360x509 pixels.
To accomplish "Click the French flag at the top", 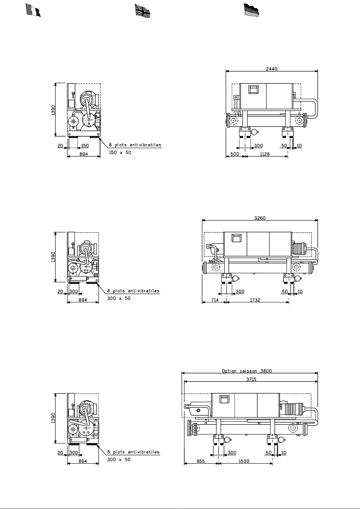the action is tap(33, 10).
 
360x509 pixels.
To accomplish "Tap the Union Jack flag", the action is tap(143, 11).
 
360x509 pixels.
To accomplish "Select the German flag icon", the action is tap(251, 10).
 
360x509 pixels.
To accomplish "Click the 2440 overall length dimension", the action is tap(271, 69).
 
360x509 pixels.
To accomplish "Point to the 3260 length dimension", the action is tap(260, 218).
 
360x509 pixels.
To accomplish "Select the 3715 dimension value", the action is tap(251, 379).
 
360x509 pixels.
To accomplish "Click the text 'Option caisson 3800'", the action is tap(247, 371).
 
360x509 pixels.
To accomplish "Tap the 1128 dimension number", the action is tap(265, 154).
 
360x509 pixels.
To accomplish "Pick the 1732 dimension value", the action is tap(255, 300).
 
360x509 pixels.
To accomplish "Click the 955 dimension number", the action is tap(201, 461).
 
